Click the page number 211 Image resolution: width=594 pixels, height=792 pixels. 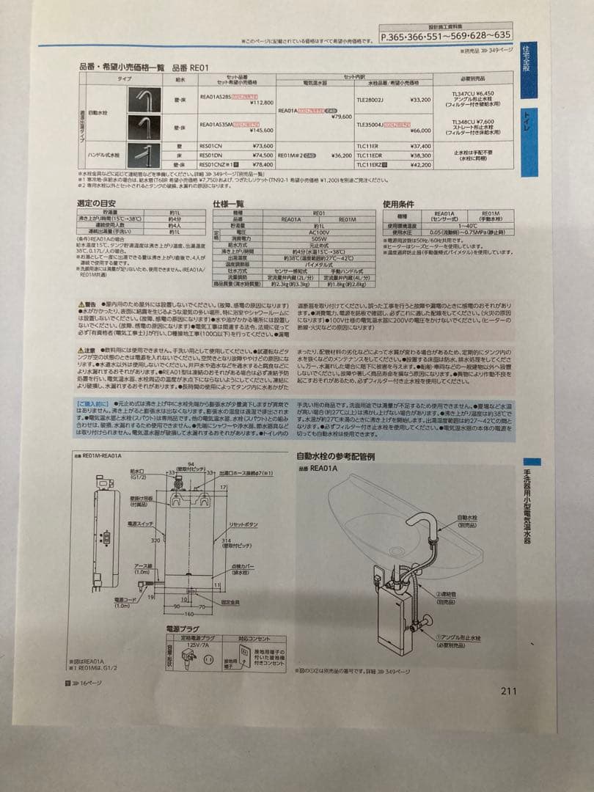(508, 690)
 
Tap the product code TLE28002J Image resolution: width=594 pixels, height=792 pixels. (370, 99)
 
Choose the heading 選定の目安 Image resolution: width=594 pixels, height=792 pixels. (97, 202)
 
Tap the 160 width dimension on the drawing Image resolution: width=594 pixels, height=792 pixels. (189, 613)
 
